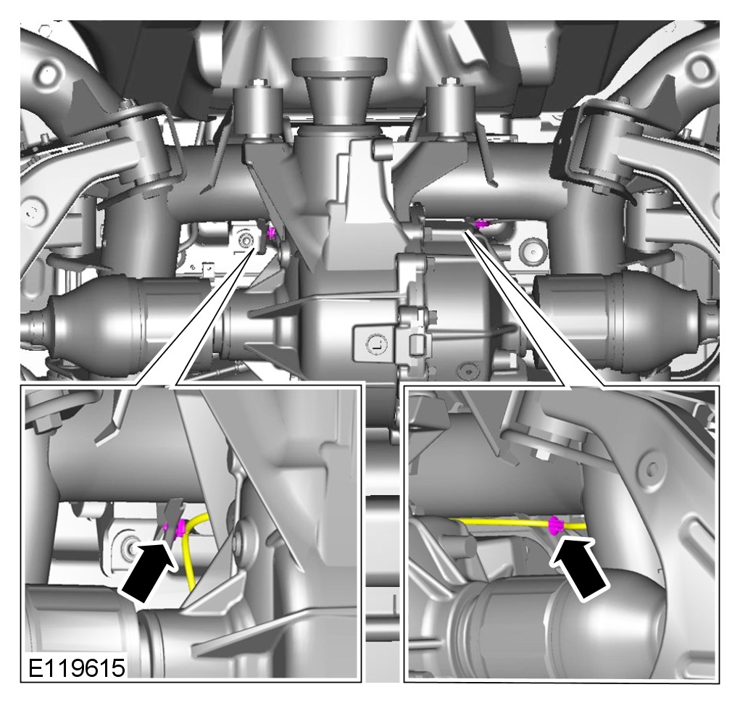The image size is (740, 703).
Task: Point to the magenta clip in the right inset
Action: coord(556,525)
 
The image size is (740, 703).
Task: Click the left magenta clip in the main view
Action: coord(271,232)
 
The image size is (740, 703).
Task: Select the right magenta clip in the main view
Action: coord(481,224)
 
